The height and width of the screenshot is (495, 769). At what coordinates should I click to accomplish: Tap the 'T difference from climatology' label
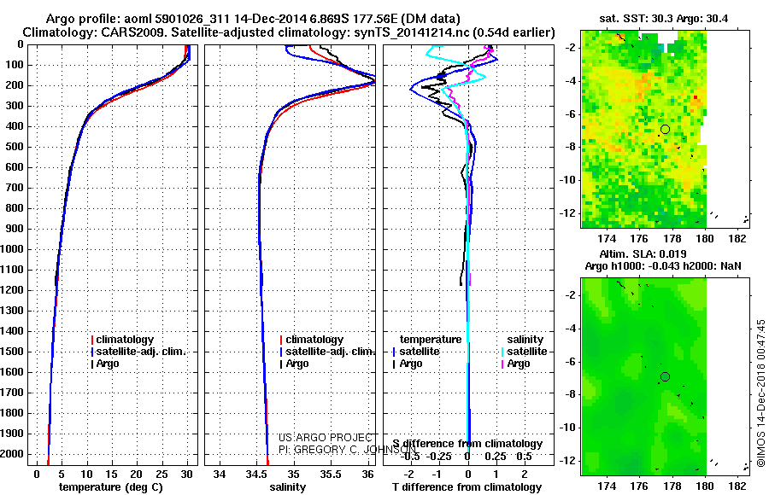467,487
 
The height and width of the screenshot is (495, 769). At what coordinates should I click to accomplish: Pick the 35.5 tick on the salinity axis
331,474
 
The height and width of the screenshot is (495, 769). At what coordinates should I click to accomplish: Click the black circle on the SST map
665,129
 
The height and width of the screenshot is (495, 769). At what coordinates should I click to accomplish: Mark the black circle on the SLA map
665,376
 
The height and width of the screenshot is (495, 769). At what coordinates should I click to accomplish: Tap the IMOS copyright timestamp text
760,393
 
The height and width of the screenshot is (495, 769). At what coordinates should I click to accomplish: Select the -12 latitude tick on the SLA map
569,460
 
